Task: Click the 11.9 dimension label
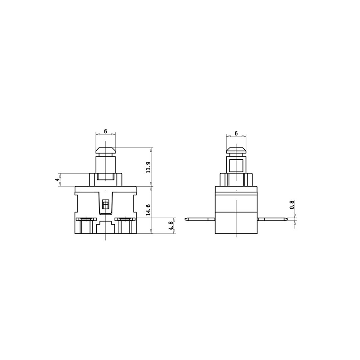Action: [x=148, y=167]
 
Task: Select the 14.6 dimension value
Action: [x=148, y=209]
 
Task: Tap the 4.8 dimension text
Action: [x=171, y=226]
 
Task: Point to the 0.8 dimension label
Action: [x=292, y=205]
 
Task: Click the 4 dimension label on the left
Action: [x=57, y=180]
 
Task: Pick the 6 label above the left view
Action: [x=105, y=131]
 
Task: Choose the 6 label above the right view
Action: [x=236, y=133]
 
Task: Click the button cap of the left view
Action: [x=105, y=151]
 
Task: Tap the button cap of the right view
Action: [x=236, y=151]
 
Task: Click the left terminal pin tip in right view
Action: [x=185, y=219]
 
